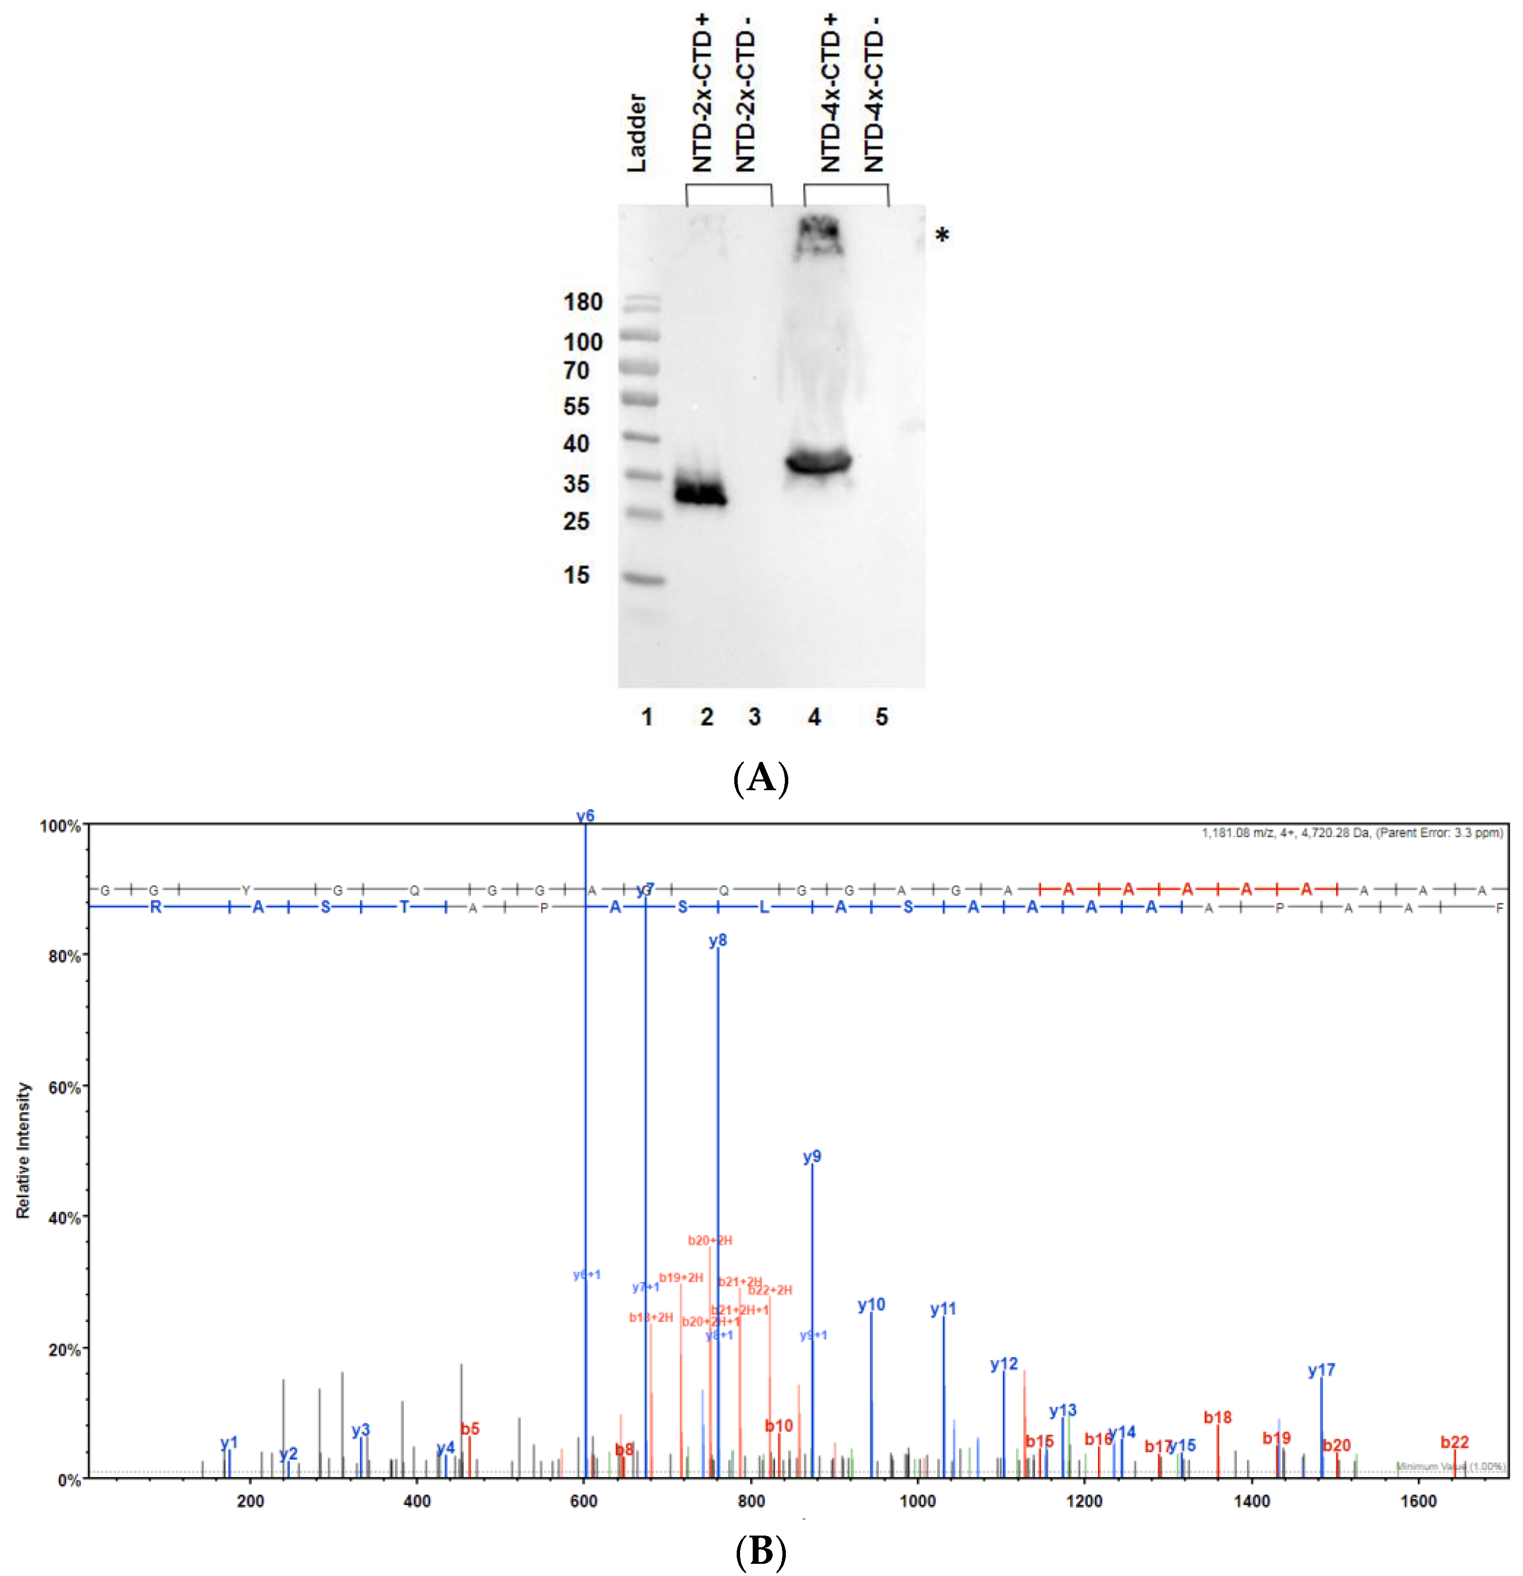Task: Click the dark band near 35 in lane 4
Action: tap(818, 463)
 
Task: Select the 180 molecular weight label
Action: tap(582, 302)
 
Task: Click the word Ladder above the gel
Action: tap(636, 133)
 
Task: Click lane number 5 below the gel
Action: tap(881, 717)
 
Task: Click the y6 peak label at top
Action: tap(585, 816)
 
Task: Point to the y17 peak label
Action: tap(1320, 1370)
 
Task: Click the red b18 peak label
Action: tap(1217, 1418)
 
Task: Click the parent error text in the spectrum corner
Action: tap(1351, 833)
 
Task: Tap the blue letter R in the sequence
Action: tap(155, 907)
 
